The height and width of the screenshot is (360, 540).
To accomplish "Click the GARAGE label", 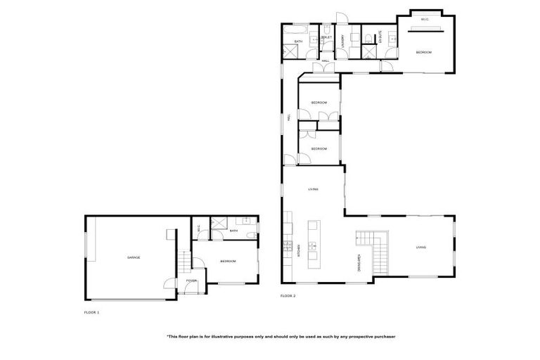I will [x=134, y=258].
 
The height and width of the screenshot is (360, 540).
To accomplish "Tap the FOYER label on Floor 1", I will [x=191, y=281].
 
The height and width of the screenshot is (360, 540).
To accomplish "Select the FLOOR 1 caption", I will [x=92, y=312].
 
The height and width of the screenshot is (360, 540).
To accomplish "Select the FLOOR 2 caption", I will [x=288, y=296].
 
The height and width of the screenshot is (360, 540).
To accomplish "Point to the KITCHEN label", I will [x=300, y=250].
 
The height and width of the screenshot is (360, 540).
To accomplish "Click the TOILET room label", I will [x=326, y=37].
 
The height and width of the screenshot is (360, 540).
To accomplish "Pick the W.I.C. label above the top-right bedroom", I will [x=425, y=20].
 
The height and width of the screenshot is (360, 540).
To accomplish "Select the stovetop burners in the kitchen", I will [x=287, y=245].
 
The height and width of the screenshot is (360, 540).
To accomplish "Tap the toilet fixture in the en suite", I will [x=368, y=36].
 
